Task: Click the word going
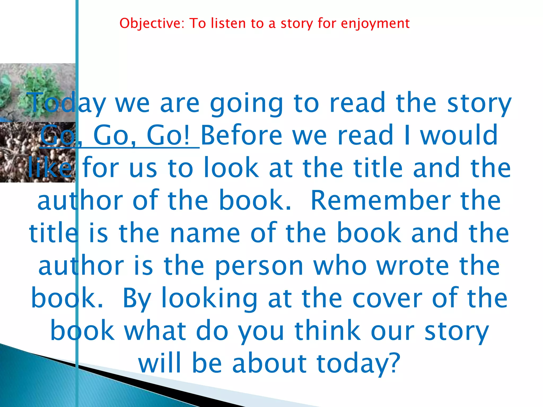tap(247, 104)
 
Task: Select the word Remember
tap(380, 201)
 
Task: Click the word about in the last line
tap(269, 363)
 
